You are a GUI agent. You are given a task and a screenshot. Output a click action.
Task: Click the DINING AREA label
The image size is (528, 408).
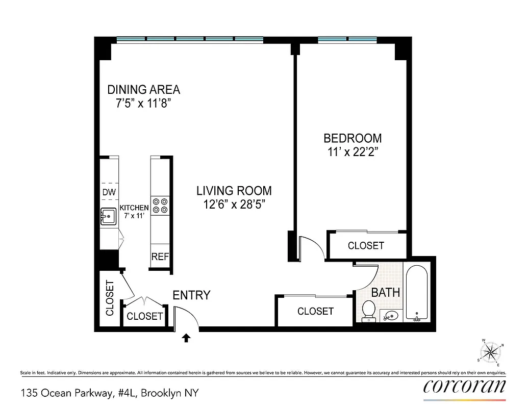point(143,90)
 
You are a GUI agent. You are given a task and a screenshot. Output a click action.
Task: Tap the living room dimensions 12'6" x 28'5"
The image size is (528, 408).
point(234,205)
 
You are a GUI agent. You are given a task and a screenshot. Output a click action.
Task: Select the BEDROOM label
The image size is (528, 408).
point(353,138)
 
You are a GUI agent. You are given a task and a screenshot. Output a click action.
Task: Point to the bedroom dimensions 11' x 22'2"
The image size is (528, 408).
point(353,151)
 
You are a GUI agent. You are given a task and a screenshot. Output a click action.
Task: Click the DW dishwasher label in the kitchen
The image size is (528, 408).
point(109,192)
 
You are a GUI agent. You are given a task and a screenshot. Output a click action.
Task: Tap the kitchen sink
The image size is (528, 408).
point(108,216)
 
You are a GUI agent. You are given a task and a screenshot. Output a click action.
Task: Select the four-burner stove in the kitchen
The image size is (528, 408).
point(160,205)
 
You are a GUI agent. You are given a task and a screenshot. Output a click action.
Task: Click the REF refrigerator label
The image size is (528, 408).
point(160,257)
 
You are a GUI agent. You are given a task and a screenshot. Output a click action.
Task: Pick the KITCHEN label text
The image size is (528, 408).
point(134,208)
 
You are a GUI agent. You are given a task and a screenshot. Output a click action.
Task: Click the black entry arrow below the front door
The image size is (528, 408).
point(186,337)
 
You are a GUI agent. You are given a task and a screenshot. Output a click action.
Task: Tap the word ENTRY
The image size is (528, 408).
point(191,295)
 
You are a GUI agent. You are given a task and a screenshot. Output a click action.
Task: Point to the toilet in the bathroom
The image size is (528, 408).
point(368,311)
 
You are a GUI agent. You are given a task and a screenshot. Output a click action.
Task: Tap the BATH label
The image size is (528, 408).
point(385,293)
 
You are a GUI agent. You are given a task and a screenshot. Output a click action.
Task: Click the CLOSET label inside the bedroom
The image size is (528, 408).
point(366,246)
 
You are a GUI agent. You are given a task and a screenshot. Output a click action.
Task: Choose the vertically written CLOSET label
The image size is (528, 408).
point(110,298)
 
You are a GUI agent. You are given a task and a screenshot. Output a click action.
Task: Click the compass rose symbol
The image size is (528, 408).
point(491,351)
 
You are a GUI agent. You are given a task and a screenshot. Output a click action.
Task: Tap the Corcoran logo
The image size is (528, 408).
point(464,387)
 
